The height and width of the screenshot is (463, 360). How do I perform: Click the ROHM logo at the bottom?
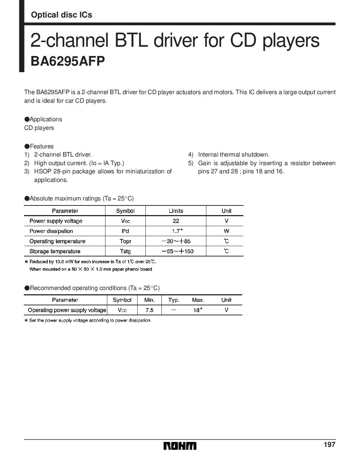pyautogui.click(x=180, y=446)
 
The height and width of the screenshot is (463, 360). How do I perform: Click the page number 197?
pyautogui.click(x=329, y=444)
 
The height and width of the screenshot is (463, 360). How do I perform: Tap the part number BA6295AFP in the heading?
pyautogui.click(x=67, y=61)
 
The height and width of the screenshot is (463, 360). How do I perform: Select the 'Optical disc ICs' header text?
pyautogui.click(x=61, y=15)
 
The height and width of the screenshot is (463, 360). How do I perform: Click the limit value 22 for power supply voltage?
pyautogui.click(x=176, y=221)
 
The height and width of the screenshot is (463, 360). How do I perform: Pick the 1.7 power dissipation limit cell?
pyautogui.click(x=176, y=231)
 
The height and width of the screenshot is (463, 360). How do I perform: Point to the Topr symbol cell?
pyautogui.click(x=125, y=241)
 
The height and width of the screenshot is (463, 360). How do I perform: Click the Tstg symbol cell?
pyautogui.click(x=125, y=251)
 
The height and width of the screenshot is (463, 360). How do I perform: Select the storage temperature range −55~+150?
pyautogui.click(x=177, y=251)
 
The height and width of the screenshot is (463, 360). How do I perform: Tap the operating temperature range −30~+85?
pyautogui.click(x=176, y=241)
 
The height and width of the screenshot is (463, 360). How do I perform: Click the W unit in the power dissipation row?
pyautogui.click(x=226, y=231)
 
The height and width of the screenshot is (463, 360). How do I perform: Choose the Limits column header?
pyautogui.click(x=176, y=211)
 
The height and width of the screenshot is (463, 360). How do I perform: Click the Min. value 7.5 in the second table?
pyautogui.click(x=149, y=310)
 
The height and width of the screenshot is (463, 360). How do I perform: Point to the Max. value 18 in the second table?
pyautogui.click(x=197, y=310)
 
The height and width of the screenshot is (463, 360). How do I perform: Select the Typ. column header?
pyautogui.click(x=174, y=300)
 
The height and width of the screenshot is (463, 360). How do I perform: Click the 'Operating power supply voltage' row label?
pyautogui.click(x=67, y=310)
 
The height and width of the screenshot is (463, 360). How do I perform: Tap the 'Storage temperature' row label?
pyautogui.click(x=55, y=251)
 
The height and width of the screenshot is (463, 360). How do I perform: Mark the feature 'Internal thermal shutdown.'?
pyautogui.click(x=233, y=154)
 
